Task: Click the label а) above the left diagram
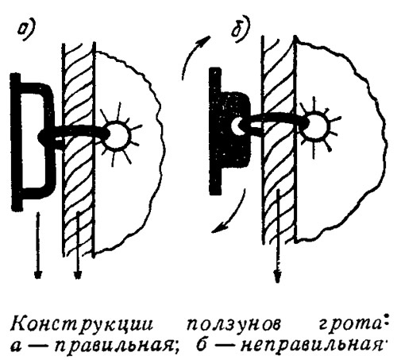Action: point(27,31)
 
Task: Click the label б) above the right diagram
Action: point(240,29)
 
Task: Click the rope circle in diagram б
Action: point(317,126)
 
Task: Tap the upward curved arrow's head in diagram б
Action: point(205,41)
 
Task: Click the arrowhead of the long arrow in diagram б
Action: point(277,276)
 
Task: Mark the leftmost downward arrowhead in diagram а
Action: point(39,274)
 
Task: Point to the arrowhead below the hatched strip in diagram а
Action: point(77,274)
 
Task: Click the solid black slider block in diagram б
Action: point(229,131)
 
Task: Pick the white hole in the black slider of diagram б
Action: point(237,126)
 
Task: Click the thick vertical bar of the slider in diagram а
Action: point(17,141)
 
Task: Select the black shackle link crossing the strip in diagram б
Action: point(276,121)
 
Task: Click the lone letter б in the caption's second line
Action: point(202,346)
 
